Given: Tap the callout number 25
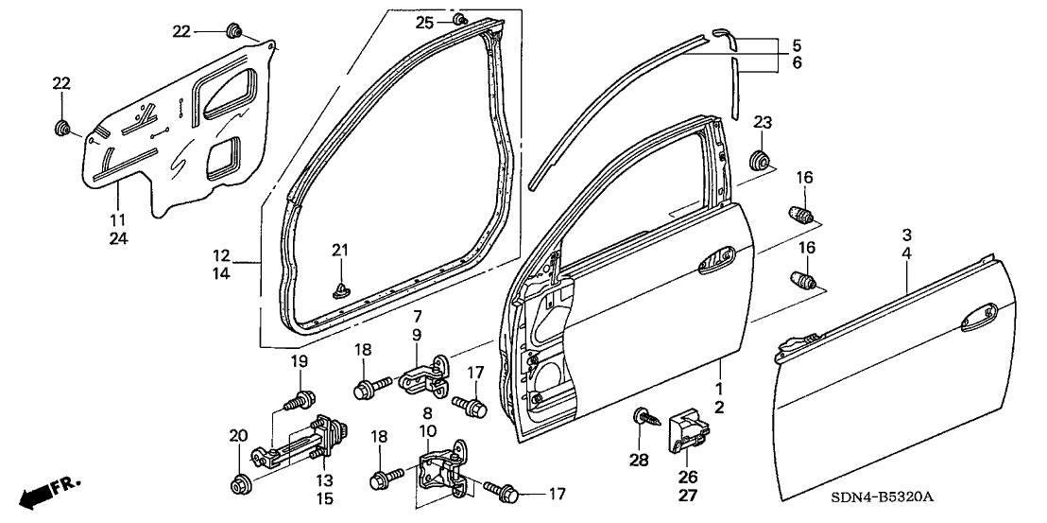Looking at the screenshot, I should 424,21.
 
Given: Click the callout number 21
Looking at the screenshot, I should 339,250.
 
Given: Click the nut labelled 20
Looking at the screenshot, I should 240,484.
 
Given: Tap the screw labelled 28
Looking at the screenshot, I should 641,416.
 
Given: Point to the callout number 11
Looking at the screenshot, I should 118,194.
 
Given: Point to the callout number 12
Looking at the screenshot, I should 221,255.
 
